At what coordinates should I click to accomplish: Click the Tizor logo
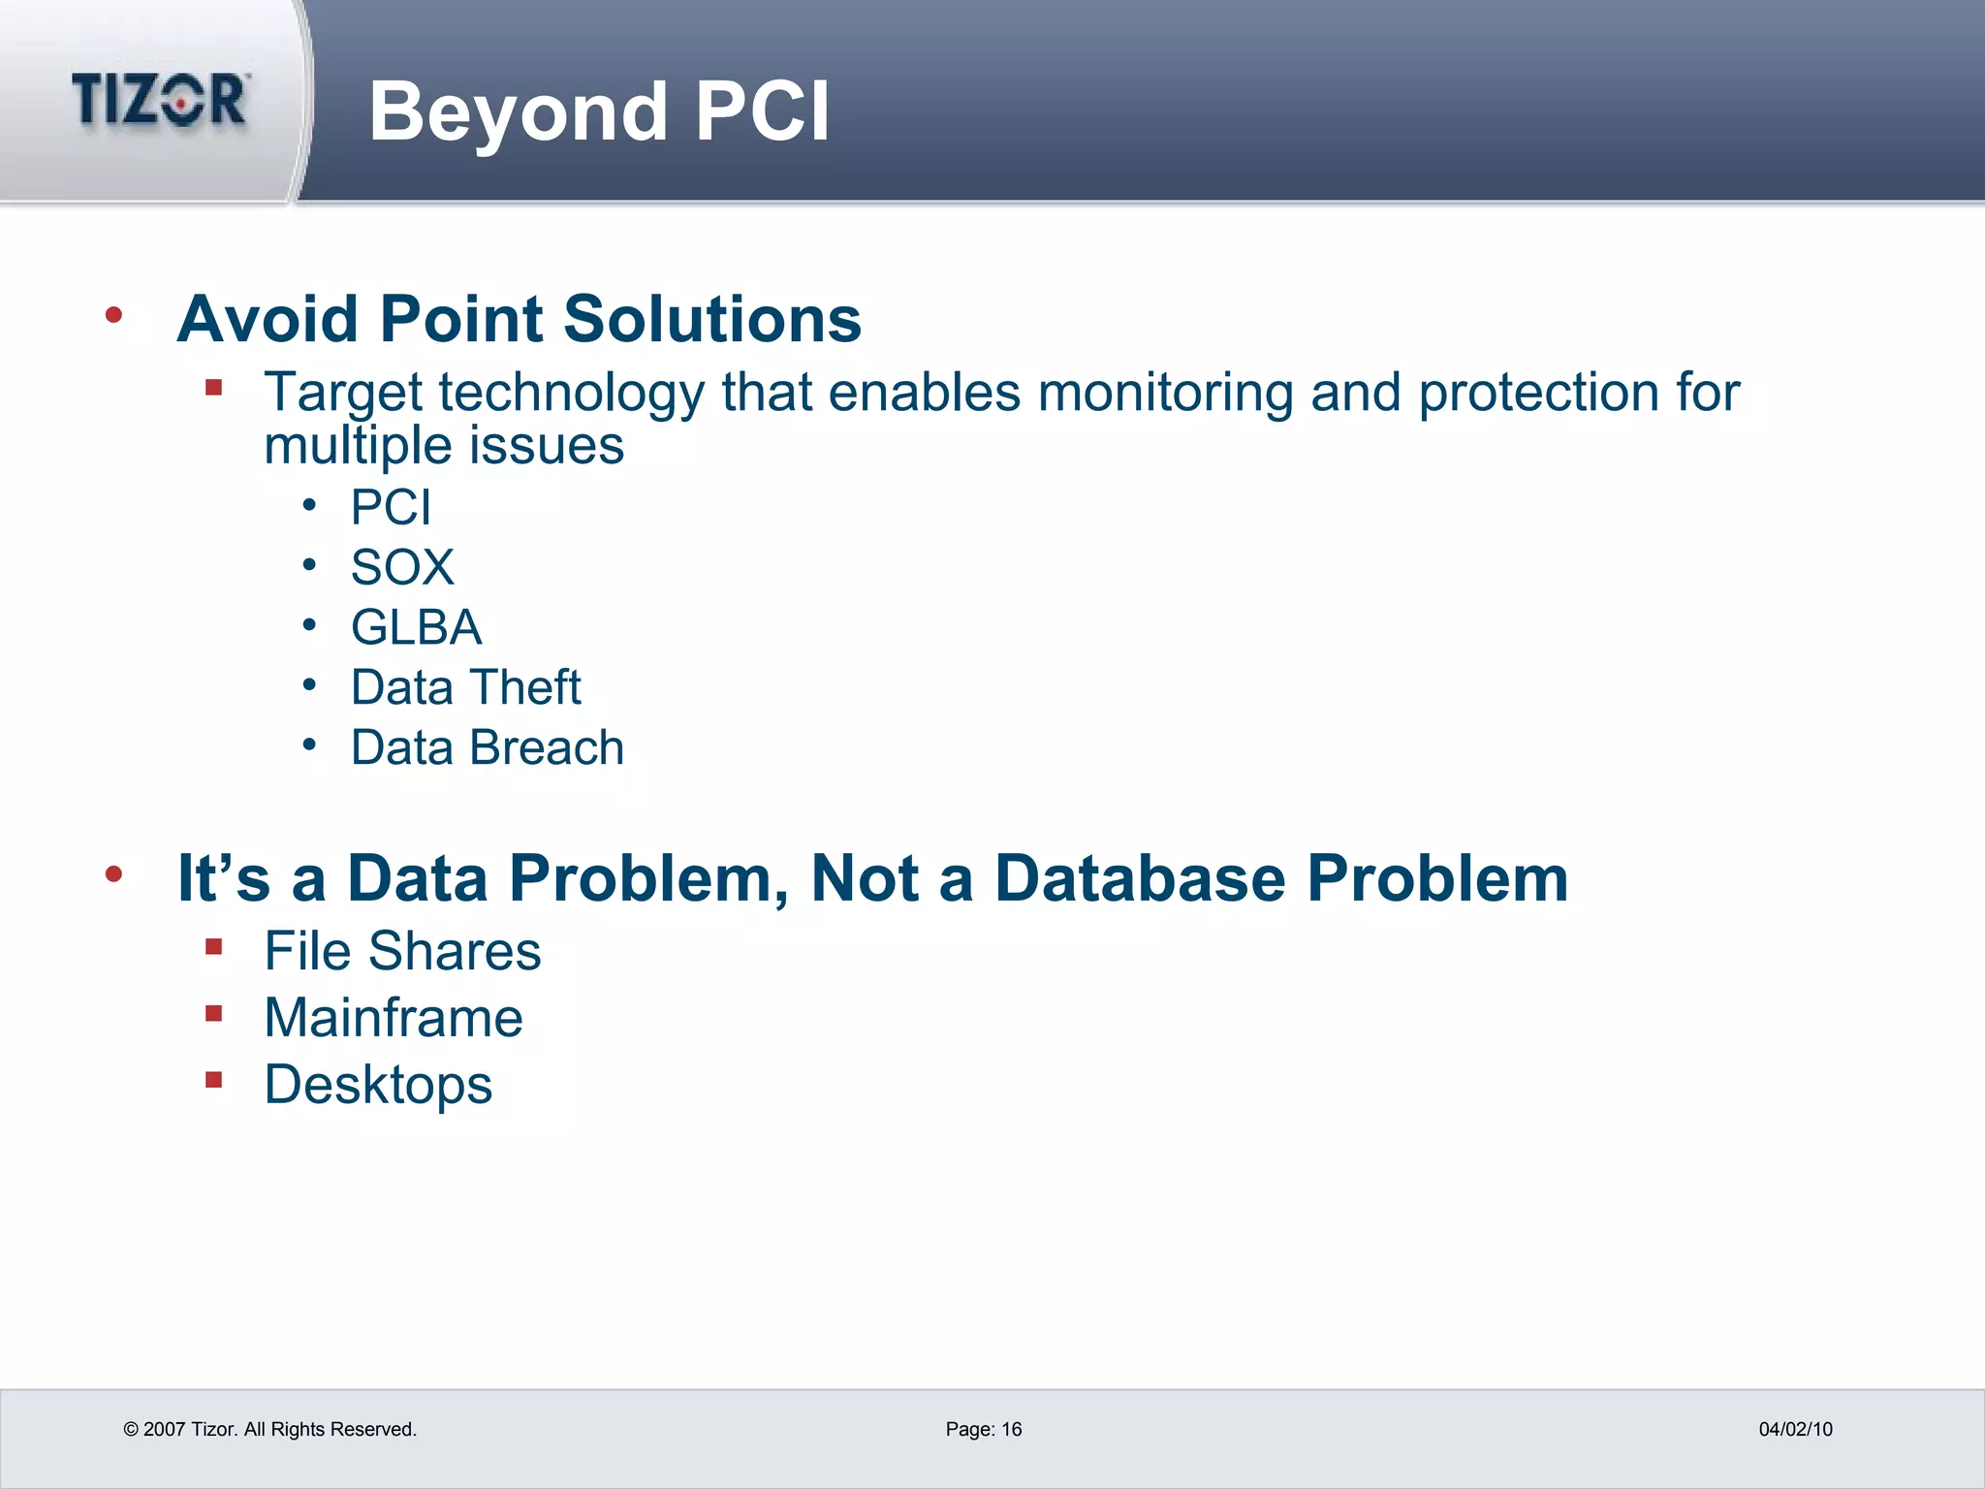[x=160, y=100]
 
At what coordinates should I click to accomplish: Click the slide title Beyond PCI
[x=599, y=111]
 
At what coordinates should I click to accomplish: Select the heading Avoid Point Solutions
[x=519, y=319]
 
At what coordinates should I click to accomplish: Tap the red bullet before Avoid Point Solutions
[x=114, y=314]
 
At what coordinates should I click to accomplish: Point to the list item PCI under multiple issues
[x=391, y=507]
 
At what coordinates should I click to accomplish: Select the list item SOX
[x=402, y=567]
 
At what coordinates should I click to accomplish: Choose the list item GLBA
[x=416, y=627]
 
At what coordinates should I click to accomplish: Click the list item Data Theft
[x=465, y=687]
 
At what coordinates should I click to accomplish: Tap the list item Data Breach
[x=487, y=747]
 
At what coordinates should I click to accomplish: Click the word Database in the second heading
[x=1141, y=878]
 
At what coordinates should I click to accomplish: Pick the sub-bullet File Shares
[x=402, y=951]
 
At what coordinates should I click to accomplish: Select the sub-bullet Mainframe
[x=394, y=1018]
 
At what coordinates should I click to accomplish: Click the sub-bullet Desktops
[x=378, y=1084]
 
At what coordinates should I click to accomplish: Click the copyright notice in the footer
[x=269, y=1429]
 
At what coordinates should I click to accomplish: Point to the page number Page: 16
[x=983, y=1429]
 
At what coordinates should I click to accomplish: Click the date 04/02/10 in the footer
[x=1795, y=1429]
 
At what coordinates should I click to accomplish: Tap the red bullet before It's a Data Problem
[x=114, y=874]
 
